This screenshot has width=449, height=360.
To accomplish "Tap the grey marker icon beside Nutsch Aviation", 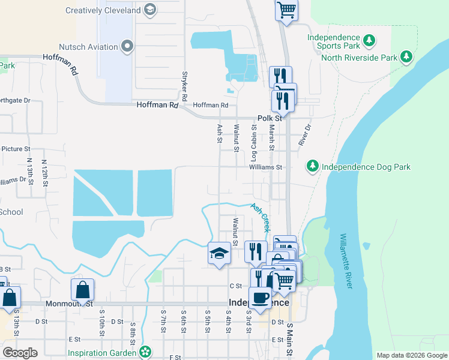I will (127, 46).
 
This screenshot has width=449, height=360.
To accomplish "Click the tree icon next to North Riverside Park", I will (407, 57).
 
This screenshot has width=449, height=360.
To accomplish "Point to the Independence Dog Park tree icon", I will (312, 166).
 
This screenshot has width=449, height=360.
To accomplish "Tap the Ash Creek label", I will (260, 217).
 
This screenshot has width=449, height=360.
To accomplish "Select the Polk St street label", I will (269, 118).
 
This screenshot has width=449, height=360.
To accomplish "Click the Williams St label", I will (265, 167).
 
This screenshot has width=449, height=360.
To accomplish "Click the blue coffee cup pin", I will (260, 298).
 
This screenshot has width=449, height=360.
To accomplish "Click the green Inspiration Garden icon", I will (145, 352).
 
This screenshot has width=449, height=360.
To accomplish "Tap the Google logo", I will (20, 352).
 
